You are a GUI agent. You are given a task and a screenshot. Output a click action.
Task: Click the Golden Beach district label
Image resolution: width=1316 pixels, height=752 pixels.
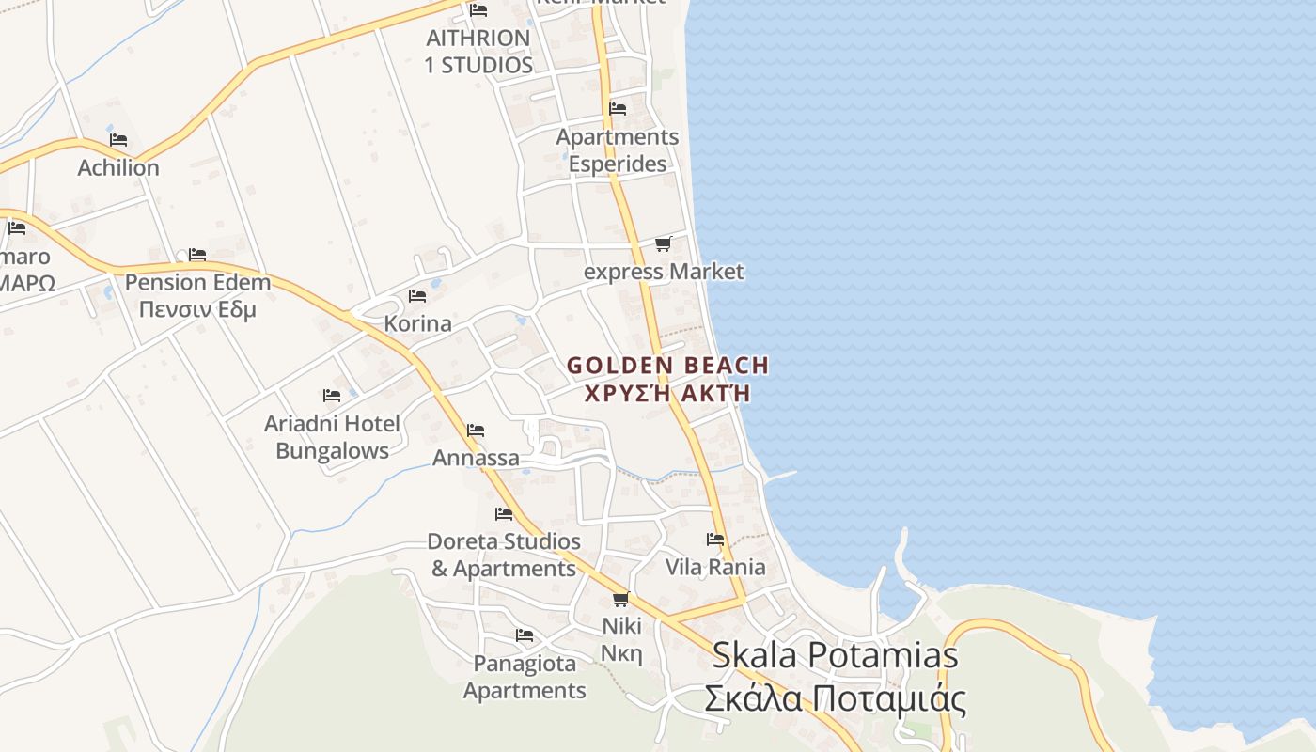click(667, 366)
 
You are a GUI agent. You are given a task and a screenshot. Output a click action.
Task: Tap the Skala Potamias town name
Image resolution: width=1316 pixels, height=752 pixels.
click(835, 655)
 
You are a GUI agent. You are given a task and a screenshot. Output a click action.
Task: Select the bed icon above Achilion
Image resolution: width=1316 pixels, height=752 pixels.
click(118, 140)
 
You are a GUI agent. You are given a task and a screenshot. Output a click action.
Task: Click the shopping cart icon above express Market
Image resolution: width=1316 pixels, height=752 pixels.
click(663, 244)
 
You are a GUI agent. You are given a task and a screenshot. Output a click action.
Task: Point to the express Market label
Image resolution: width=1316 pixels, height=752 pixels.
click(664, 272)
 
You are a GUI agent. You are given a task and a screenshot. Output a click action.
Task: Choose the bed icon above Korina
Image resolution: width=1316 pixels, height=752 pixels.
click(417, 296)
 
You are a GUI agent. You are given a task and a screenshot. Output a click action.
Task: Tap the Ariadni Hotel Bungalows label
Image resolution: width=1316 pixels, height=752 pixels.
click(332, 437)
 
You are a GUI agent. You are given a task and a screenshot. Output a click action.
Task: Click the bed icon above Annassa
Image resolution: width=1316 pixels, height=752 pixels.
click(476, 431)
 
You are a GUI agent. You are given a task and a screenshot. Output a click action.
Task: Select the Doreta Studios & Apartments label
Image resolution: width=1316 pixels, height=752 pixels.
click(504, 555)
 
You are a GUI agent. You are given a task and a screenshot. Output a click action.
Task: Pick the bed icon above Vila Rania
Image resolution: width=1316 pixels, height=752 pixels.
click(715, 540)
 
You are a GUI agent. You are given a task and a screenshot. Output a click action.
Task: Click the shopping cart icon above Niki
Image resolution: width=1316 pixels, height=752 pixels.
click(620, 599)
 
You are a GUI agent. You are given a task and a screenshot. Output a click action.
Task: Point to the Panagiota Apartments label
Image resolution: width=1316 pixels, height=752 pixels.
click(525, 677)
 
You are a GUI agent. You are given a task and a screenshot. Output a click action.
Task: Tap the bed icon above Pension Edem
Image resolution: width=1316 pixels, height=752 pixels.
click(197, 255)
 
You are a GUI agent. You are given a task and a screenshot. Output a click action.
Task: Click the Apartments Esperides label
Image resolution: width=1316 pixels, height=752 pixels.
click(618, 150)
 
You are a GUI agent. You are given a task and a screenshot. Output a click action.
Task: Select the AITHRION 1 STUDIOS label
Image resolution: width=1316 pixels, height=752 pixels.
click(478, 52)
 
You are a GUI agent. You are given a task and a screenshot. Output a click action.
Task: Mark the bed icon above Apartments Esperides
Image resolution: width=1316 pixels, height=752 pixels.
click(618, 109)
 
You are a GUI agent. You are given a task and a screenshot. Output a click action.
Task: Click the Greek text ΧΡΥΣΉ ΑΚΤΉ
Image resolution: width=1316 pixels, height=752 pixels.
click(667, 394)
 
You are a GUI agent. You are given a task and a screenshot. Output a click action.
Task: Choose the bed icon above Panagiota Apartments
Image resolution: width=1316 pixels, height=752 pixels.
click(525, 636)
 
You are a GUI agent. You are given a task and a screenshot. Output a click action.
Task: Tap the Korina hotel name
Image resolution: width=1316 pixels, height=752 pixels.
click(417, 323)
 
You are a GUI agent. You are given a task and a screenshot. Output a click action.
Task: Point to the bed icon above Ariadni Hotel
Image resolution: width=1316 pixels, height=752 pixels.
click(332, 396)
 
